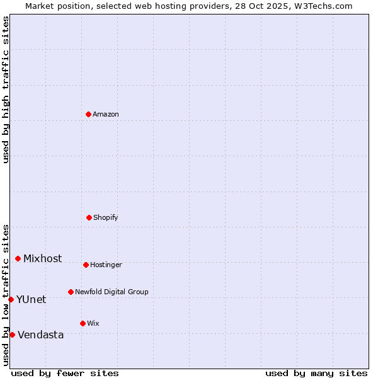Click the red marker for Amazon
(x=88, y=114)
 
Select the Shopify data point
(x=89, y=217)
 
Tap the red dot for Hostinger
(x=86, y=265)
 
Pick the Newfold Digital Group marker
(x=71, y=292)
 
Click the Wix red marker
(x=83, y=323)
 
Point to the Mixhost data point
(x=18, y=258)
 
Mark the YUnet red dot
(x=11, y=299)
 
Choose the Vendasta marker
(x=12, y=335)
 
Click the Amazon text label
(x=106, y=115)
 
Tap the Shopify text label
(x=105, y=218)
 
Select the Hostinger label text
(x=106, y=265)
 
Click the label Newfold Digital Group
(x=112, y=292)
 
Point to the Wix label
(x=93, y=324)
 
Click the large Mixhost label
(x=43, y=259)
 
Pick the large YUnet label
(x=31, y=300)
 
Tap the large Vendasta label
(x=41, y=335)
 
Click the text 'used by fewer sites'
(x=65, y=373)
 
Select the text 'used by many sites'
(x=316, y=373)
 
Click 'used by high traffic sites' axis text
(x=6, y=89)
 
